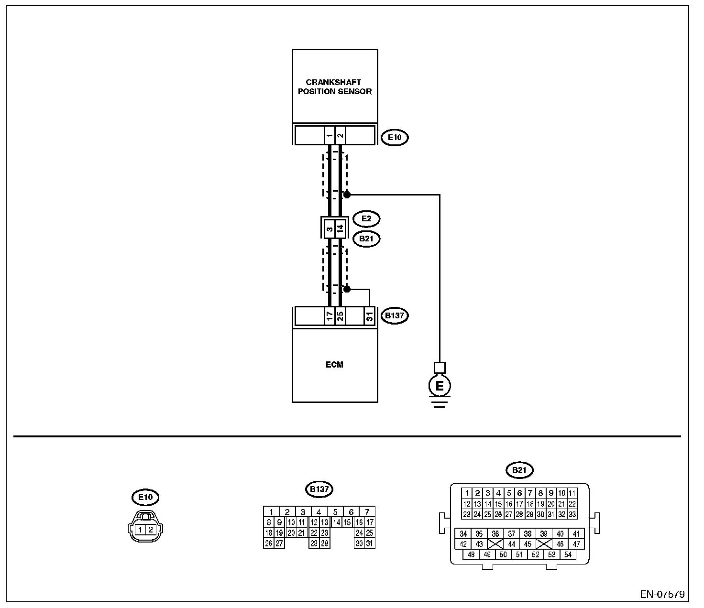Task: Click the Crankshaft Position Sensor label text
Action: pos(334,87)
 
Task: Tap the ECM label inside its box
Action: pos(334,365)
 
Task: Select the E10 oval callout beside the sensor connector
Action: pos(395,138)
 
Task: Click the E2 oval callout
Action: pos(366,218)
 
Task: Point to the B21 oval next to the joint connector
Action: pos(366,239)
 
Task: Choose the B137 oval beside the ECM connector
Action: pos(395,315)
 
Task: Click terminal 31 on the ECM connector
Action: pos(369,316)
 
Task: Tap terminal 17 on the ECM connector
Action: pos(330,316)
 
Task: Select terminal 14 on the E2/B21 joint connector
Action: pos(340,228)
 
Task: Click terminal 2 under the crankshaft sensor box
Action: pos(340,136)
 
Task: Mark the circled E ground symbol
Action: pos(440,386)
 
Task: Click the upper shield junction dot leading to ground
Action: pos(347,195)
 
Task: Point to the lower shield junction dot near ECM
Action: pos(347,289)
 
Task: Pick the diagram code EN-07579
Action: pos(662,595)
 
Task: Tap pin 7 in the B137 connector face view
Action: pos(367,511)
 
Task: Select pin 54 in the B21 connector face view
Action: pos(568,554)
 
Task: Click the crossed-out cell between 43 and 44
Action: pos(495,544)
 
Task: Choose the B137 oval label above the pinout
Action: pos(319,489)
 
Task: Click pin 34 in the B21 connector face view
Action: pos(463,534)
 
